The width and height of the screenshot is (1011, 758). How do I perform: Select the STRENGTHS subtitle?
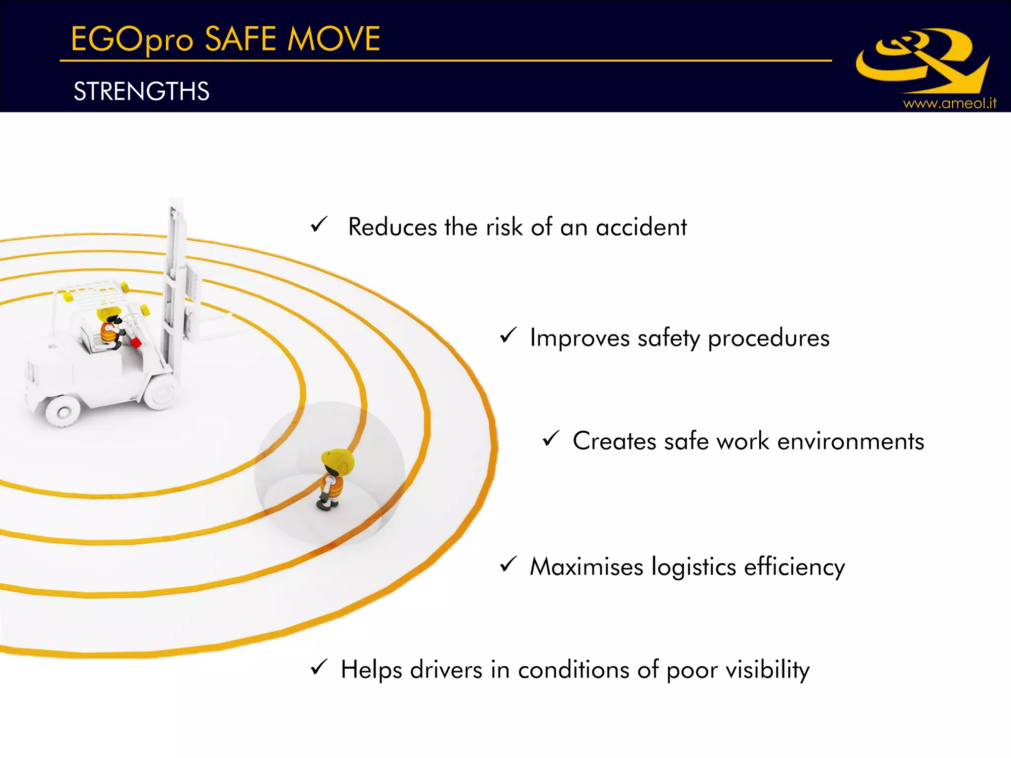[142, 91]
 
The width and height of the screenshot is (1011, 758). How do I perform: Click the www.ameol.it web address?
[949, 103]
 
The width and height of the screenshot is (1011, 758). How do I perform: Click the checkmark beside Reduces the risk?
[319, 225]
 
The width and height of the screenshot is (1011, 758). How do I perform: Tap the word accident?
[641, 227]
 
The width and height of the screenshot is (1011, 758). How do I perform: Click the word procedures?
[769, 339]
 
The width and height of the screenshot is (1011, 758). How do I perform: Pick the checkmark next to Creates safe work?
[551, 438]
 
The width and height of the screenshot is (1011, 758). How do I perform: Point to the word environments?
[851, 441]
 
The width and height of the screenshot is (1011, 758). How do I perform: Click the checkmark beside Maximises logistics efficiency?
[508, 564]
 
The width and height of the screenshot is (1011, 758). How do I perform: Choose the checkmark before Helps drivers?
[319, 667]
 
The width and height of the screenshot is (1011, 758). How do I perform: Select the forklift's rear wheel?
[63, 410]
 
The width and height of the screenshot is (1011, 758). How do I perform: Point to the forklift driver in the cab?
[111, 326]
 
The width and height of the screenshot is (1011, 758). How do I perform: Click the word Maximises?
[586, 567]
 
